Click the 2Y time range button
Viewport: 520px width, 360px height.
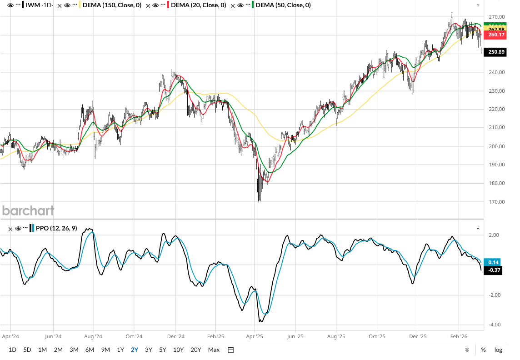coord(135,350)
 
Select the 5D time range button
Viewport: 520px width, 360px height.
coord(27,350)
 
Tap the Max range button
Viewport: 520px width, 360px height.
coord(214,350)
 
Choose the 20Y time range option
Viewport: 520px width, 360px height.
coord(196,350)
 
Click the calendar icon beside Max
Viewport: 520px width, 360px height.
coord(230,350)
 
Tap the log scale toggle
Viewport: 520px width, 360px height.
coord(498,350)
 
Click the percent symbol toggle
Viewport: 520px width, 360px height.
coord(483,350)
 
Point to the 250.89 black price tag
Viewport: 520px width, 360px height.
coord(496,52)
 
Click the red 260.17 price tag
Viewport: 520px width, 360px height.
coord(496,35)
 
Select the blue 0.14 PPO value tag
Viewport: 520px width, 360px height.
coord(494,262)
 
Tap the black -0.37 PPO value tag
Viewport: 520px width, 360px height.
coord(494,270)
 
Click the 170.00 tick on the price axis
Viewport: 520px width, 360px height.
coord(496,202)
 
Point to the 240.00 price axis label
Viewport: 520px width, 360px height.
coord(496,72)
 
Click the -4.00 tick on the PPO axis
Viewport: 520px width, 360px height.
coord(495,325)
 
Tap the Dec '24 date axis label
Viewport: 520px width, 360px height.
coord(175,337)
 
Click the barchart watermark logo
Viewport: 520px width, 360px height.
coord(28,210)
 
